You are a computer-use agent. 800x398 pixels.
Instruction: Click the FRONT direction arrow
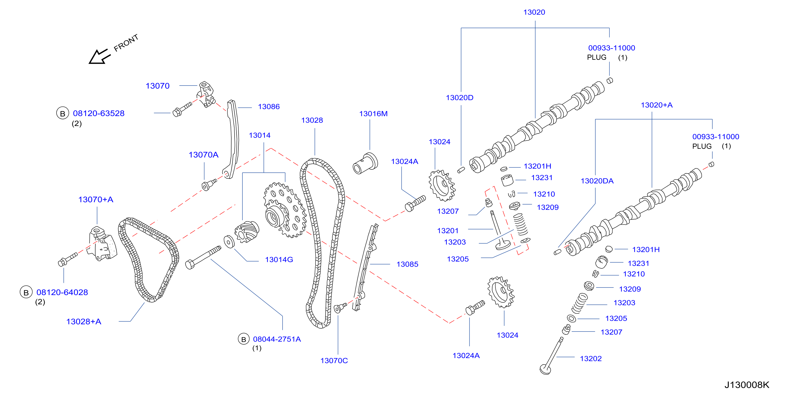99,57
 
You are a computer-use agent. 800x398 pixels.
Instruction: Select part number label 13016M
373,114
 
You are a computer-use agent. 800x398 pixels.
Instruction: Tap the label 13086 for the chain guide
269,107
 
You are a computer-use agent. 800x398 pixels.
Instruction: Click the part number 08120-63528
99,113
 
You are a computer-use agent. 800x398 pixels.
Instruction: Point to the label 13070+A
96,199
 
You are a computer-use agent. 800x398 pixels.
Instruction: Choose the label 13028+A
84,322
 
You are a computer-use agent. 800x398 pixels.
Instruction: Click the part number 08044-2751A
277,339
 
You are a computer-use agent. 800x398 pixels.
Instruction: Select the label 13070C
334,361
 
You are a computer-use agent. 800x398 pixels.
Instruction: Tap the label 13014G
279,260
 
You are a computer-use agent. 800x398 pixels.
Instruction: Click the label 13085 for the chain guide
407,264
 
